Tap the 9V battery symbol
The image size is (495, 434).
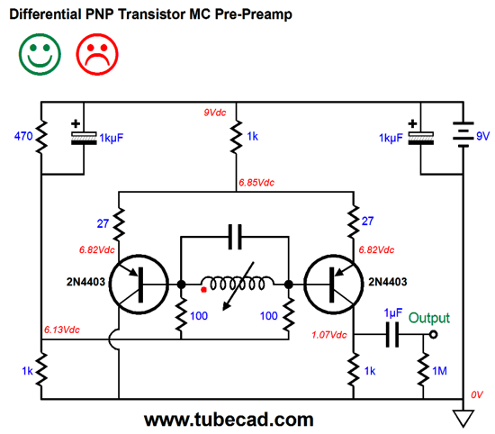[463, 134]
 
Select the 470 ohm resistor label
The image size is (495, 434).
[23, 136]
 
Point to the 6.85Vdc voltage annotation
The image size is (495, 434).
[256, 183]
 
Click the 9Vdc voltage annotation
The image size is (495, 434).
[215, 113]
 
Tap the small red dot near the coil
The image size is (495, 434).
[203, 289]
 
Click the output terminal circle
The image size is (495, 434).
[434, 334]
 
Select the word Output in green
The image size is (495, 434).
[429, 318]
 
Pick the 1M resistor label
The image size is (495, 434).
[439, 371]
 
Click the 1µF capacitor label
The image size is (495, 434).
[393, 313]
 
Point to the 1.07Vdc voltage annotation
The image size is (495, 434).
[328, 335]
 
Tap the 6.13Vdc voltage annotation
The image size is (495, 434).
[61, 330]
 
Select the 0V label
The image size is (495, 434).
[477, 395]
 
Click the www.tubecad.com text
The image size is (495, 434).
[229, 420]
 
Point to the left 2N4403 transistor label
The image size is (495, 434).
[85, 282]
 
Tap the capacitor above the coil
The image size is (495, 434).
[235, 237]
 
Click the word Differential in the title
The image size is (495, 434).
[46, 14]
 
